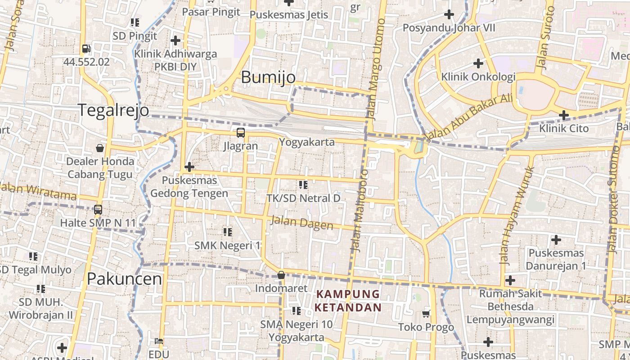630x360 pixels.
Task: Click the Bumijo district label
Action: (268, 77)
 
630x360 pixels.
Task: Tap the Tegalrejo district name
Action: (113, 110)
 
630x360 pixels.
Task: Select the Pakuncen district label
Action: (124, 279)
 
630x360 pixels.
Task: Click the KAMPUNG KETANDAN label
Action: (348, 301)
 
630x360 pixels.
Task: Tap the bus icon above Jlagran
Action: (241, 133)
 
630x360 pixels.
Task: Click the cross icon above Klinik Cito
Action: (563, 116)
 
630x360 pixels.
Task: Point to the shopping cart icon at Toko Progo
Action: (426, 314)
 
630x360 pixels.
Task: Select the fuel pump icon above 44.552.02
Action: (86, 49)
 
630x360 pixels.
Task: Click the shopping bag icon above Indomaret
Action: (281, 275)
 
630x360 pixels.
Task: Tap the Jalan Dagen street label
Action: (301, 223)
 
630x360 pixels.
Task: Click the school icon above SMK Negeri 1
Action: (227, 232)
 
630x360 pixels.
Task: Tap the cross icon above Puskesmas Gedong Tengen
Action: (189, 167)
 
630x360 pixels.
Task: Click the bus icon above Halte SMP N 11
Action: (98, 210)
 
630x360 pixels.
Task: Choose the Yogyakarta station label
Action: (307, 142)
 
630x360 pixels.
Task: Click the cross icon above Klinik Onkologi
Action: (478, 63)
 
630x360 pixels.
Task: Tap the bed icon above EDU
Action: (158, 341)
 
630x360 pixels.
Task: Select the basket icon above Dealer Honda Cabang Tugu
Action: (100, 148)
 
